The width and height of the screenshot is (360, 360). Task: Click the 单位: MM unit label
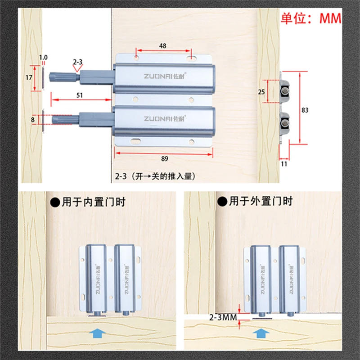point(311,18)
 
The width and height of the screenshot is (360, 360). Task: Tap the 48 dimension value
point(162,46)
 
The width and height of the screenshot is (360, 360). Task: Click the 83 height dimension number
point(305,109)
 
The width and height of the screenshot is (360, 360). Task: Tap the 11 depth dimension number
point(283,165)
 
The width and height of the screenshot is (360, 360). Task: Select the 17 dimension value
point(28,77)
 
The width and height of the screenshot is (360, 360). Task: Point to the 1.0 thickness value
point(43,57)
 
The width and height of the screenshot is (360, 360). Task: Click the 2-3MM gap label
point(222,317)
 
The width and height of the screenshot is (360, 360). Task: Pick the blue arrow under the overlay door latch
point(260,333)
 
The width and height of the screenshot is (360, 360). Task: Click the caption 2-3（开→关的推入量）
point(155,176)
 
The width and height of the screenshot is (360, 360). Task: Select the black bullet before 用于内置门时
point(54,202)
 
